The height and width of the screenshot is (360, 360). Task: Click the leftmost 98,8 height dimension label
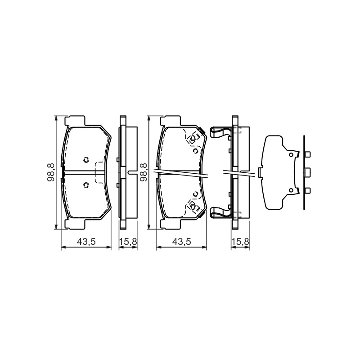click(x=51, y=172)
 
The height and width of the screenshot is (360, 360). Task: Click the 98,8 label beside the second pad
click(x=144, y=172)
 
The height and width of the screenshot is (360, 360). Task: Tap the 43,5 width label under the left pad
click(x=86, y=242)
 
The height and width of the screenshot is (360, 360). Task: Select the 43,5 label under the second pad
click(x=182, y=242)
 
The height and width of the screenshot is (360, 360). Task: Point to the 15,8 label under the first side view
click(x=128, y=242)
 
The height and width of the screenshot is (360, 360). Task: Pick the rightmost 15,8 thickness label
click(x=240, y=242)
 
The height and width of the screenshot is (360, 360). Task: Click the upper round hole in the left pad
click(x=86, y=160)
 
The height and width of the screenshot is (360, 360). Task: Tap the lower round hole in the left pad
click(x=86, y=185)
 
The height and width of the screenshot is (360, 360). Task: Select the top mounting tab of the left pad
click(x=75, y=121)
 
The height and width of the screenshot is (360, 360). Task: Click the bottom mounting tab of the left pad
click(x=75, y=224)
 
